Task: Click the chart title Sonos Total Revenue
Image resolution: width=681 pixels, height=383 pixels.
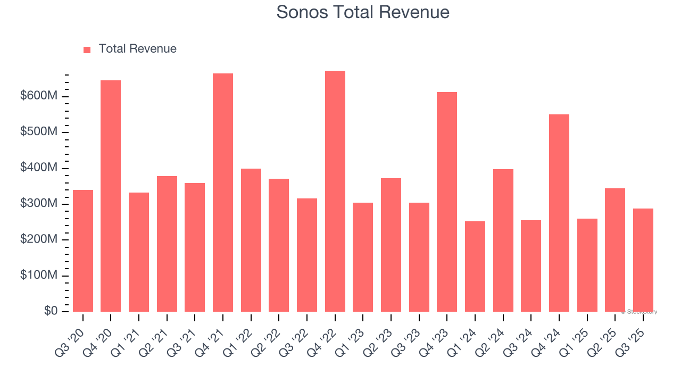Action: (363, 12)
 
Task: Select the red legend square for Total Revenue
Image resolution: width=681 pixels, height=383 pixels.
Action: (87, 49)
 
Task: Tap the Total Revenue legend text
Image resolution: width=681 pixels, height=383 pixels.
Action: (137, 49)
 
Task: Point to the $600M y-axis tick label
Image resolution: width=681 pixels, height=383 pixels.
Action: (39, 96)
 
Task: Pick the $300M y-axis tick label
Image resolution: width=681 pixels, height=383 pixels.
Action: (39, 204)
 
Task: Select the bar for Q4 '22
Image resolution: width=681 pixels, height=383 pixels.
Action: (335, 191)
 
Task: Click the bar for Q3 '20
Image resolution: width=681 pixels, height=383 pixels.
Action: (83, 251)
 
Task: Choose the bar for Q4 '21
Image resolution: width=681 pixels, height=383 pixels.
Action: (223, 193)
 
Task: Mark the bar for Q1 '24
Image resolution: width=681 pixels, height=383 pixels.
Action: (475, 267)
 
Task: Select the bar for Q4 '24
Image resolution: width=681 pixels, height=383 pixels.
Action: (559, 213)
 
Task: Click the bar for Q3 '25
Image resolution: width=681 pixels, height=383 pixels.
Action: (643, 260)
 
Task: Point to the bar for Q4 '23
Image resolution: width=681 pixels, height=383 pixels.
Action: (447, 202)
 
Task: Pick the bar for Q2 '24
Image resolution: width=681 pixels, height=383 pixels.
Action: (503, 240)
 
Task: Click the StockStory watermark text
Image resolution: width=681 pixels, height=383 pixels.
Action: (639, 312)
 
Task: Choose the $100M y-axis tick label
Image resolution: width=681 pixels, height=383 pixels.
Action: (39, 276)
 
